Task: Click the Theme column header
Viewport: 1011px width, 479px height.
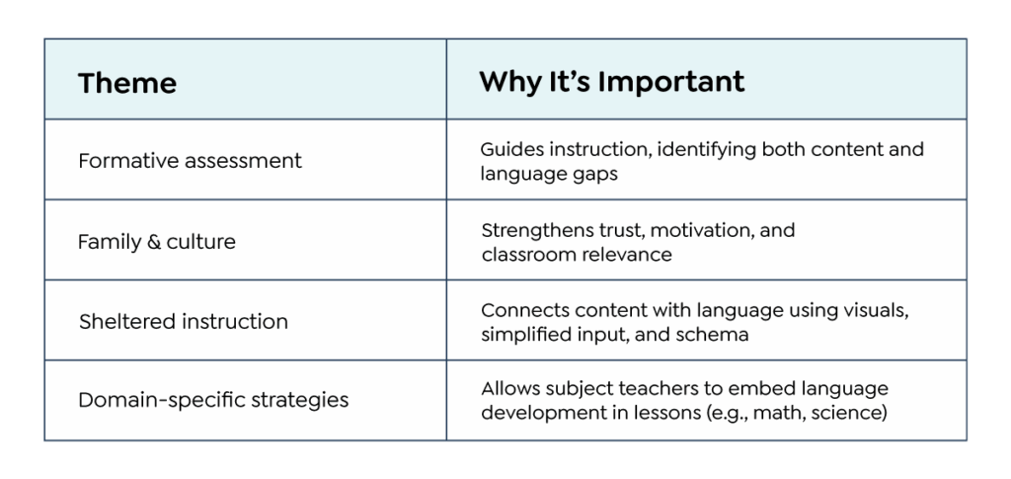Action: [x=127, y=83]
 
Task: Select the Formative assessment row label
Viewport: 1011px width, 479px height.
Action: [x=190, y=161]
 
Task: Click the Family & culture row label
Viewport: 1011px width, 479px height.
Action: [x=157, y=242]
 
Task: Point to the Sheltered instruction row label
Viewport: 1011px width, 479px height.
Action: [x=183, y=321]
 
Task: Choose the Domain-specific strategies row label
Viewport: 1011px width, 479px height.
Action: [x=213, y=400]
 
